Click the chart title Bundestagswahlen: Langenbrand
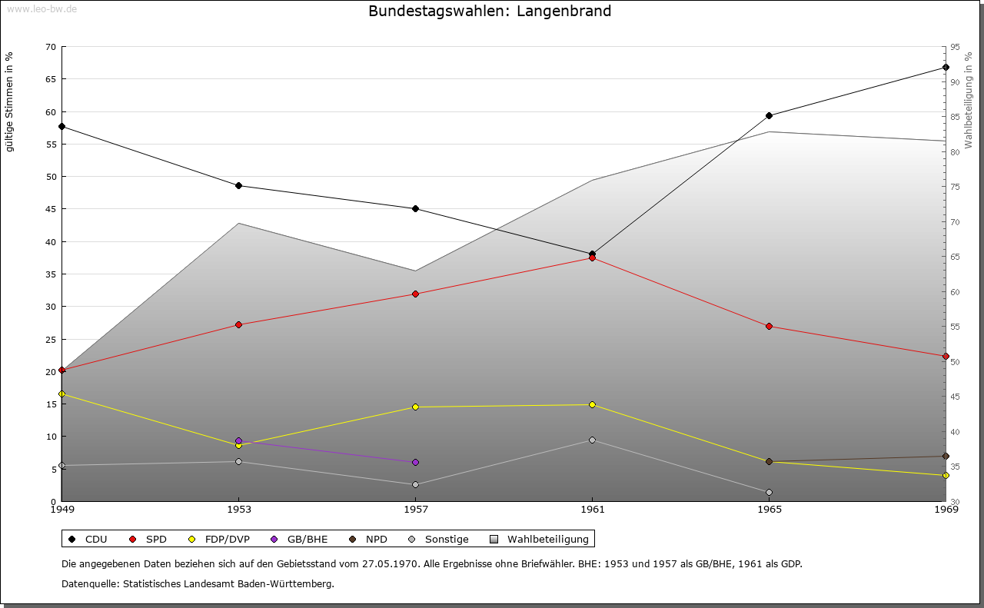tap(490, 12)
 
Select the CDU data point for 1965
tap(769, 116)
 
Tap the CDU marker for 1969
tap(946, 68)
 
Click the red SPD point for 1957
tap(415, 294)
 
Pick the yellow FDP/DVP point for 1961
tap(592, 405)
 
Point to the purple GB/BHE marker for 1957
tap(415, 463)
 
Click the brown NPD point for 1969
tap(946, 457)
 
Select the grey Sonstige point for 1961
tap(592, 440)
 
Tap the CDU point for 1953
tap(238, 186)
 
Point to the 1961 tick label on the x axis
tap(592, 510)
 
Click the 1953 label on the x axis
tap(238, 510)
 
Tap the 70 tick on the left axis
tap(51, 47)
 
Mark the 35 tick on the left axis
tap(51, 274)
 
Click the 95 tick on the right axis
tap(955, 47)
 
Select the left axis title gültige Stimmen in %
tap(10, 101)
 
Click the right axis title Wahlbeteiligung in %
tap(969, 100)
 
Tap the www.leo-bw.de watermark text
tap(42, 8)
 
